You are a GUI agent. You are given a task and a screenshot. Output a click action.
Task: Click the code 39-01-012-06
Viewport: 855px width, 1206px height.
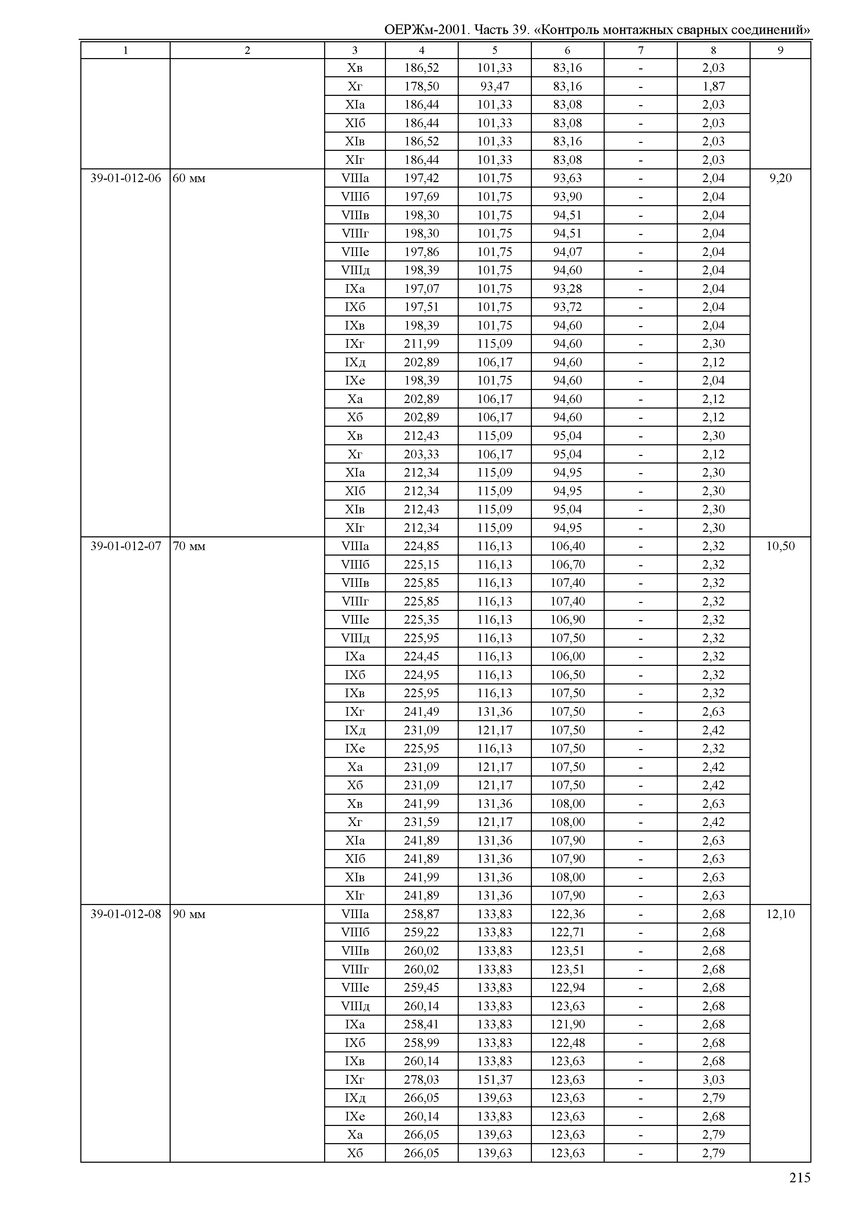(x=125, y=178)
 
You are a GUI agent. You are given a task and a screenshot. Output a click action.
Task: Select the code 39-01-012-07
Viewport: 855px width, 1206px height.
(x=125, y=546)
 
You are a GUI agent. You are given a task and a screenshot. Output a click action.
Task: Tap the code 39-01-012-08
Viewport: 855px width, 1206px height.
(x=125, y=914)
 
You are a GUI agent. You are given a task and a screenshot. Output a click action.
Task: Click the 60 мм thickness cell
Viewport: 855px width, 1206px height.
(x=189, y=178)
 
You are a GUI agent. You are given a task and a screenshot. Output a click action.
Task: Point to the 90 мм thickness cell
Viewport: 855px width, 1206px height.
(x=189, y=914)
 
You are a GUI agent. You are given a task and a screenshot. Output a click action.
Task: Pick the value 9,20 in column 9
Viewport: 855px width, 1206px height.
(x=780, y=178)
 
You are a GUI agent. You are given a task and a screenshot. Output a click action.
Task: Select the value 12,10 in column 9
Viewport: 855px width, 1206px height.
(x=780, y=914)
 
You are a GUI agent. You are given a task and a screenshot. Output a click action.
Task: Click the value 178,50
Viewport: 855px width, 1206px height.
(x=421, y=86)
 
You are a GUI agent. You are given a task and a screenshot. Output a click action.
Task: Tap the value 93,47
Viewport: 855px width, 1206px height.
(x=494, y=86)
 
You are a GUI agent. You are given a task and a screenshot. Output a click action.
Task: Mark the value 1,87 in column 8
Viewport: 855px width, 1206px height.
(x=714, y=86)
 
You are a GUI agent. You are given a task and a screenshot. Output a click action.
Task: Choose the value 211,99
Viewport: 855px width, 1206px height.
(x=421, y=344)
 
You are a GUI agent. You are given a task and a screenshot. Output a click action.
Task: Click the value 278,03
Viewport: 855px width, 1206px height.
(x=421, y=1080)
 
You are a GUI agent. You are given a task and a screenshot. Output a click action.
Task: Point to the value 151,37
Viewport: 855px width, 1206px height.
(x=494, y=1080)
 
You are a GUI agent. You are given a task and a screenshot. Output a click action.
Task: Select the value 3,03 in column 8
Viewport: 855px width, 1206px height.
(x=714, y=1080)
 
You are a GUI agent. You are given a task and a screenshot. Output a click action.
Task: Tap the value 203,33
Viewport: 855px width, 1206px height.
(x=421, y=454)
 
